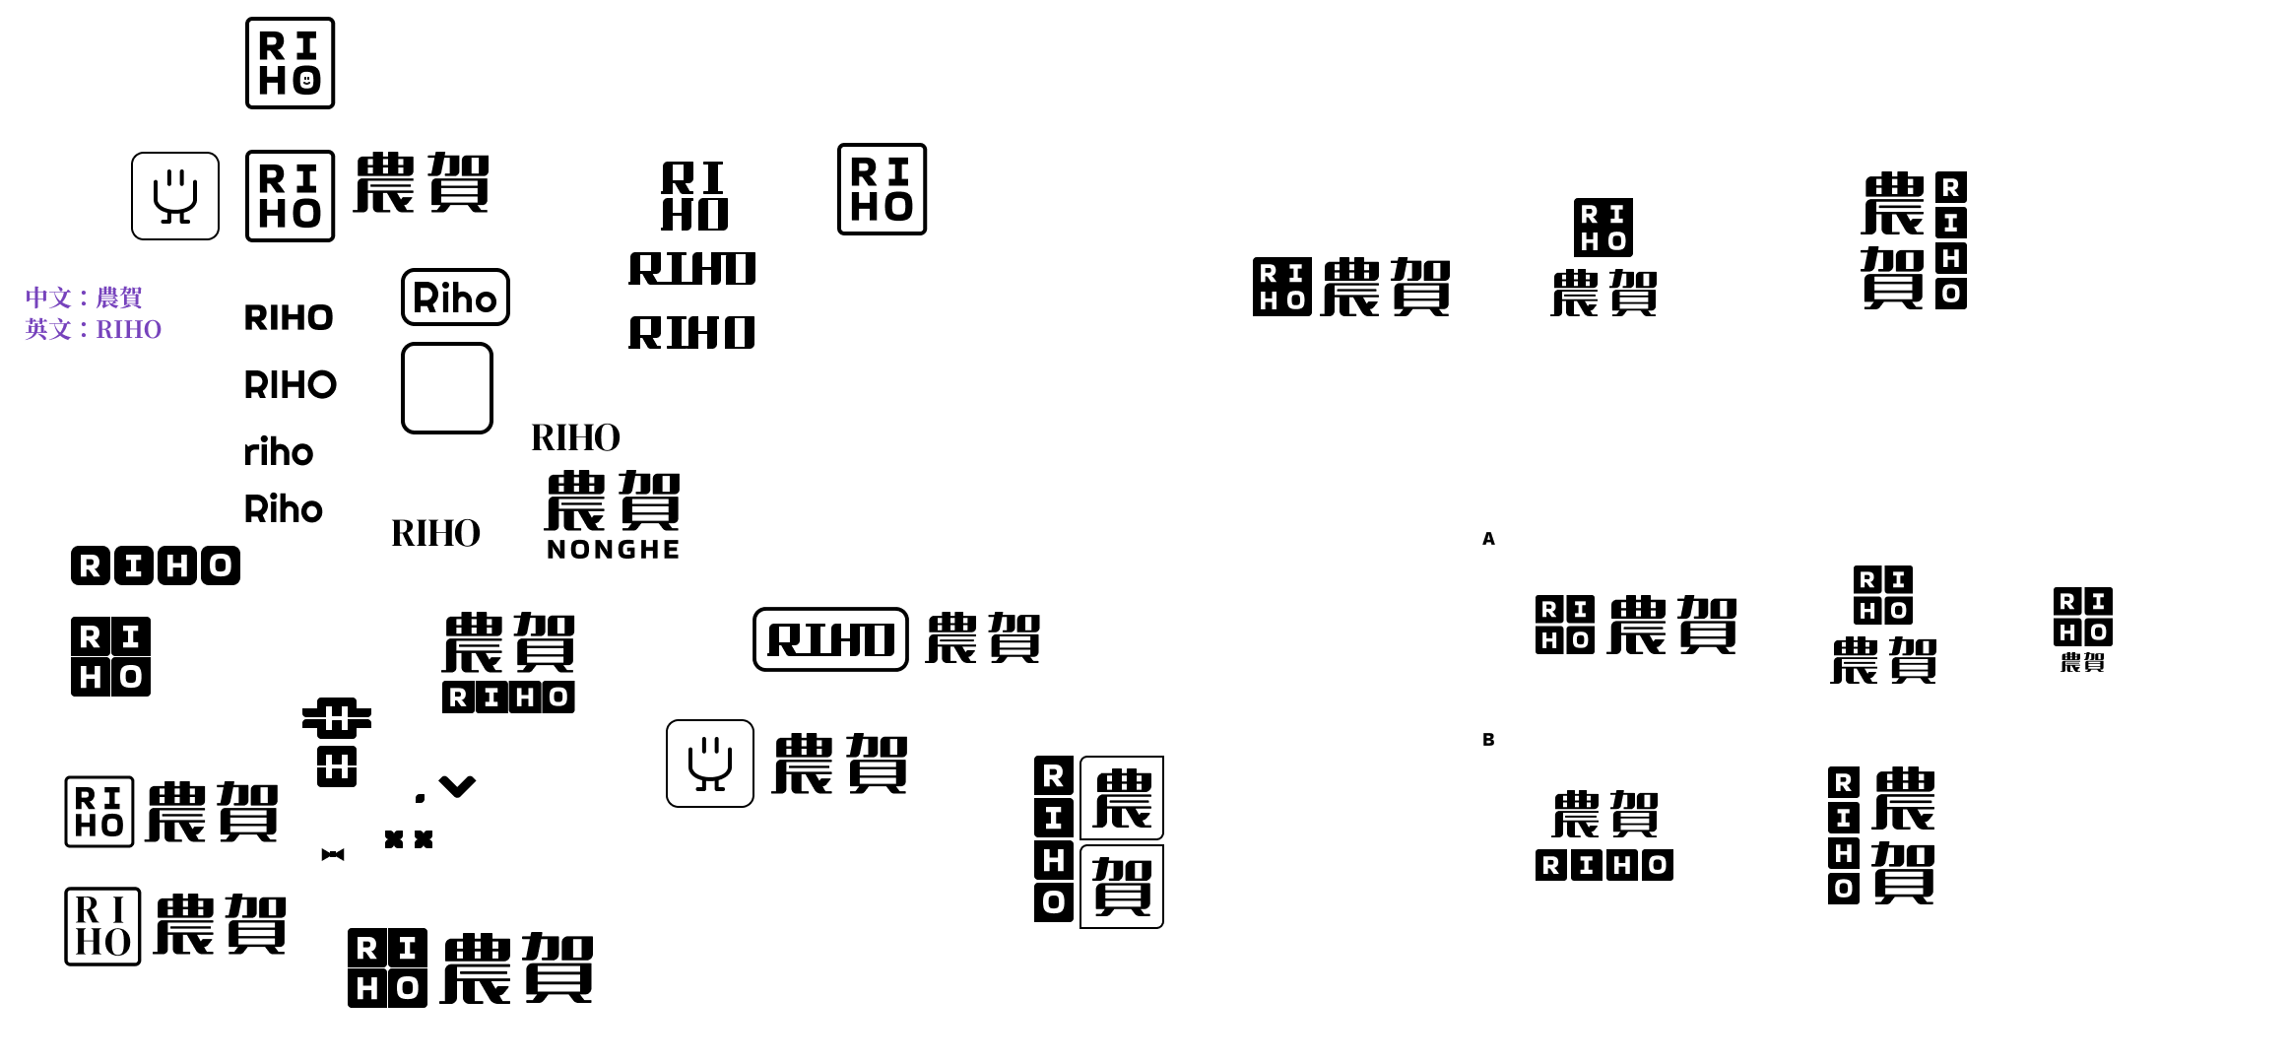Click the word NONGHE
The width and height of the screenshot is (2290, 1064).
coord(613,550)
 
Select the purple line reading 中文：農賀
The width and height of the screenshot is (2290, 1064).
coord(84,298)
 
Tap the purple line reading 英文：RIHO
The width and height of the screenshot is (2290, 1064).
coord(93,329)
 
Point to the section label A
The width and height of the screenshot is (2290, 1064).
coord(1488,539)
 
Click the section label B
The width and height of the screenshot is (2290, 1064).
coord(1488,740)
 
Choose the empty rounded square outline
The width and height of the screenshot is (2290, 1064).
coord(447,388)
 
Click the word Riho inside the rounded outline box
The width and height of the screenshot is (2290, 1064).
coord(455,298)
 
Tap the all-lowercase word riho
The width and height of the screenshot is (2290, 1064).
coord(279,452)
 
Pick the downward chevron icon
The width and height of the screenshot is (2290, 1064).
coord(457,786)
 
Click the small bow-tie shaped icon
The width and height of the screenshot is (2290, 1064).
coord(333,854)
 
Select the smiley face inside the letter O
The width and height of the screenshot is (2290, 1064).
coord(306,80)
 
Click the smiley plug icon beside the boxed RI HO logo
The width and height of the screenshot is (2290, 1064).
coord(175,196)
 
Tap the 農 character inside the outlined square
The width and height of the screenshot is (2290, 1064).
coord(1122,798)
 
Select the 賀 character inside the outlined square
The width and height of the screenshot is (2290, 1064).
coord(1122,887)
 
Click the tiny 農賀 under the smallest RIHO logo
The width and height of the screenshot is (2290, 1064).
coord(2082,662)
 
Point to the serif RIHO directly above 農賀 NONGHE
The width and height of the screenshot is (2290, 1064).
coord(575,437)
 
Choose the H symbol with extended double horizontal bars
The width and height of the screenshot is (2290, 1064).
coord(337,718)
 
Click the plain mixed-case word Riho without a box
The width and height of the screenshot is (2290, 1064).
coord(284,509)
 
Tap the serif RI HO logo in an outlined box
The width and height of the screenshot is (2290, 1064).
coord(102,926)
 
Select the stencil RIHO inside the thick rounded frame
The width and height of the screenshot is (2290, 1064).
coord(830,639)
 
